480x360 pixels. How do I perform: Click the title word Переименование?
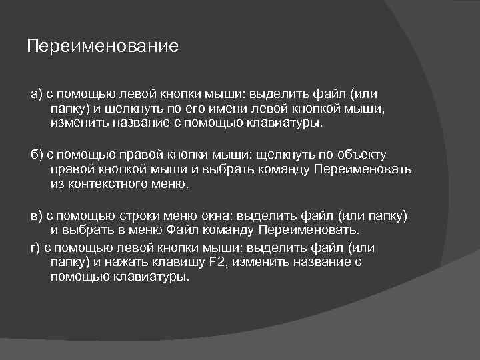(103, 47)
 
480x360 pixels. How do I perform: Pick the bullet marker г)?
(36, 247)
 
